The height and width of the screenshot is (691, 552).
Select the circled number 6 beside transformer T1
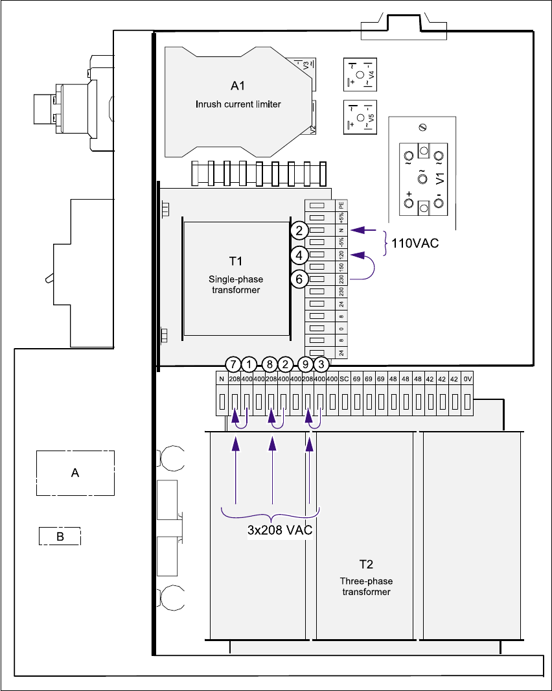297,279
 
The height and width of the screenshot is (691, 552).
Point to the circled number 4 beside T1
297,254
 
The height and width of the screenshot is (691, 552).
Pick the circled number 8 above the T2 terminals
271,364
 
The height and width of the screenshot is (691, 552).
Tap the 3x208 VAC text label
280,530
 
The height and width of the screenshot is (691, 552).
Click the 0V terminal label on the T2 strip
468,379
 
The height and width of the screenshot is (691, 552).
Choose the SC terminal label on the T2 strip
345,379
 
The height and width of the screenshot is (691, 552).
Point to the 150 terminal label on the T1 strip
340,266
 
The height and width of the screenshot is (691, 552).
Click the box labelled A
75,473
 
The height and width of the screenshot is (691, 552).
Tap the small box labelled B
60,536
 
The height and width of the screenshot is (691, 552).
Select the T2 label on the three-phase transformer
366,564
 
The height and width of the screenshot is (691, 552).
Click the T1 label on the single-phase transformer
236,261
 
